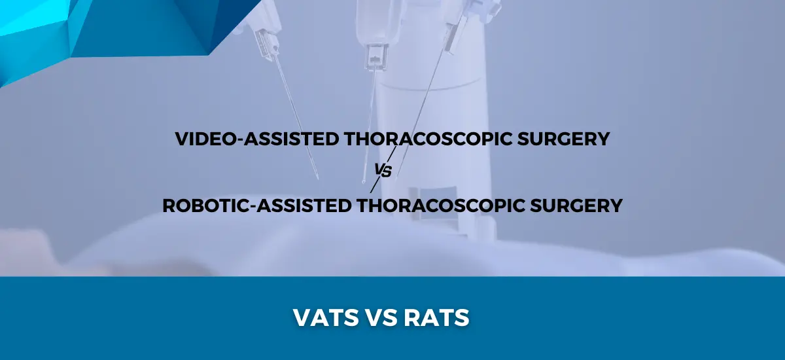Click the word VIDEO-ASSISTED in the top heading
click(256, 139)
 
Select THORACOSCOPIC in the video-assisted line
click(428, 139)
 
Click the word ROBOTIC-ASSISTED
click(257, 206)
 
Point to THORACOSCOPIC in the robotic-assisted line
click(440, 206)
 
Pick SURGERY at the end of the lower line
click(576, 206)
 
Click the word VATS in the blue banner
click(326, 317)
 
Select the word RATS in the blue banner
click(436, 317)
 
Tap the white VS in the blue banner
click(381, 317)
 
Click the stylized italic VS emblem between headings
click(383, 170)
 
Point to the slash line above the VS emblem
click(392, 154)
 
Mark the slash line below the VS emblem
click(375, 185)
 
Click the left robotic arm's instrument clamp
click(266, 44)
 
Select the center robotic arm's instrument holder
click(376, 56)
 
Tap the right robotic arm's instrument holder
click(455, 37)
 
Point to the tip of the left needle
click(318, 179)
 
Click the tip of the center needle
click(364, 182)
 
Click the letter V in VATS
click(302, 317)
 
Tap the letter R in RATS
click(412, 317)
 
